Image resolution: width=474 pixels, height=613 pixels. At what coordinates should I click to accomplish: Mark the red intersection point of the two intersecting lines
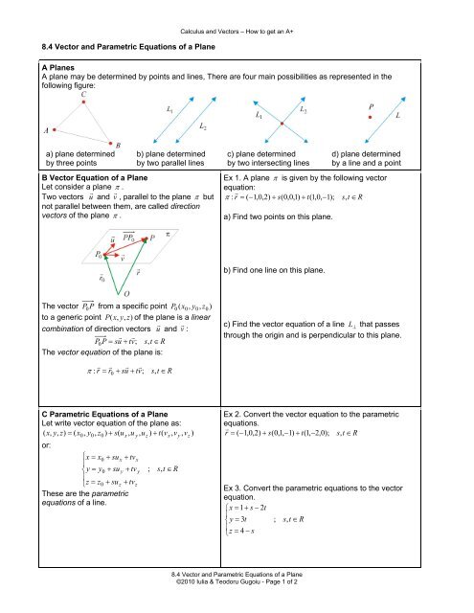[281, 123]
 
